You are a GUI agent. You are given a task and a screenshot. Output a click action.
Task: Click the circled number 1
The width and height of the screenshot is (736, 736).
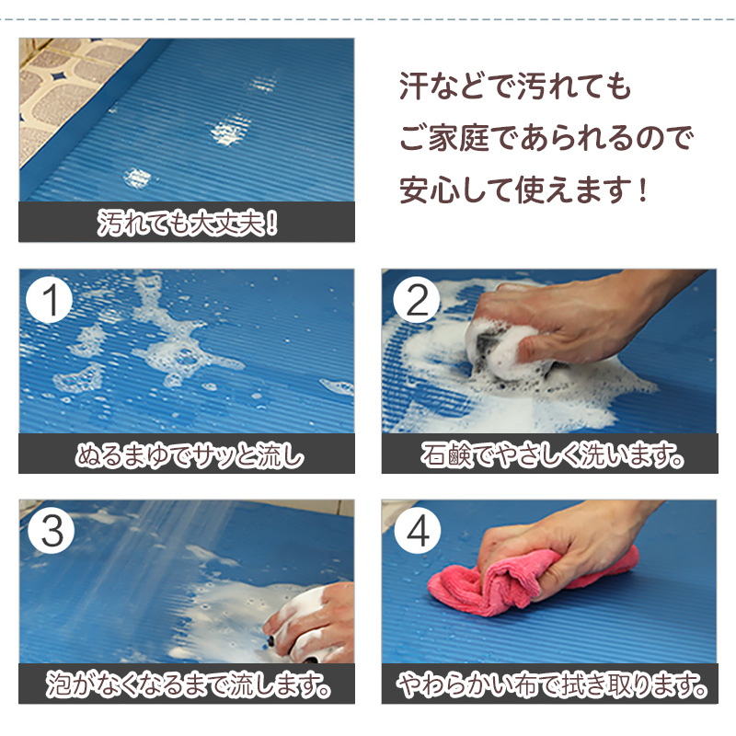tap(49, 300)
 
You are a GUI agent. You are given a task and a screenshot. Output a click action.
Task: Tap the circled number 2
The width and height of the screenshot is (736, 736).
tap(417, 300)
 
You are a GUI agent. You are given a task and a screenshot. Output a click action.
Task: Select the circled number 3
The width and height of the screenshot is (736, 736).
tap(52, 531)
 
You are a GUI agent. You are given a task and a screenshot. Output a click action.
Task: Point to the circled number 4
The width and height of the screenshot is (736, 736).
tap(418, 531)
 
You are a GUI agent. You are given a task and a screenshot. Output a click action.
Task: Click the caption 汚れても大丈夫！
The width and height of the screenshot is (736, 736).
tap(188, 223)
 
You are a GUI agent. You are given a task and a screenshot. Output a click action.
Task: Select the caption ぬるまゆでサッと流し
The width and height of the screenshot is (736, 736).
tap(190, 454)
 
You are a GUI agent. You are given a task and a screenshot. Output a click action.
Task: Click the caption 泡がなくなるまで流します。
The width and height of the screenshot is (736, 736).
tap(189, 685)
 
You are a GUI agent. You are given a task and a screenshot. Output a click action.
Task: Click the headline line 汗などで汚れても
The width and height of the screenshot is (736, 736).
tap(515, 86)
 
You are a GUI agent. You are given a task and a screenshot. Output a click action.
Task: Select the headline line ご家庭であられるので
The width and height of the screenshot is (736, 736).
tap(546, 139)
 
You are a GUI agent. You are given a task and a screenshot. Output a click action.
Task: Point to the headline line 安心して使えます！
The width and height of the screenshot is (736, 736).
tap(524, 190)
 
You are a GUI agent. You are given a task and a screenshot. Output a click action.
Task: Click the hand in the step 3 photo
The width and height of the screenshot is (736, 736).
tap(312, 622)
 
